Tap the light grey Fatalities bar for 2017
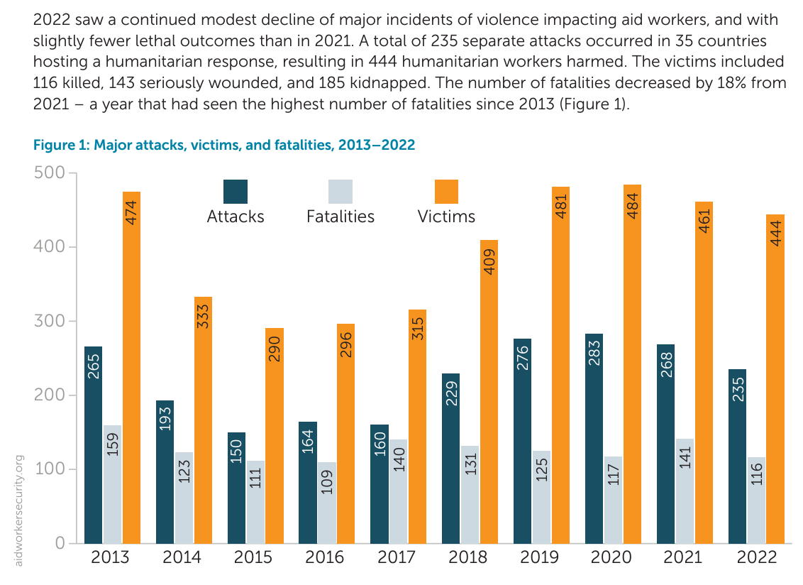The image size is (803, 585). click(398, 497)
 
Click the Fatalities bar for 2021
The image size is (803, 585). click(685, 497)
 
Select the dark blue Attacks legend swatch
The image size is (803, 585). click(236, 192)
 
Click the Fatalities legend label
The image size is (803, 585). click(340, 217)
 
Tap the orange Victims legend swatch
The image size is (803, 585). click(446, 192)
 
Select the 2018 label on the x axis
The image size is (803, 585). click(468, 557)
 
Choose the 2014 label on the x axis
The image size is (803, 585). click(182, 557)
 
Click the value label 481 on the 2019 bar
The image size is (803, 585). click(560, 203)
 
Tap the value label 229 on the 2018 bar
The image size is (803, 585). click(451, 392)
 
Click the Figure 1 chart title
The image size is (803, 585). click(224, 146)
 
